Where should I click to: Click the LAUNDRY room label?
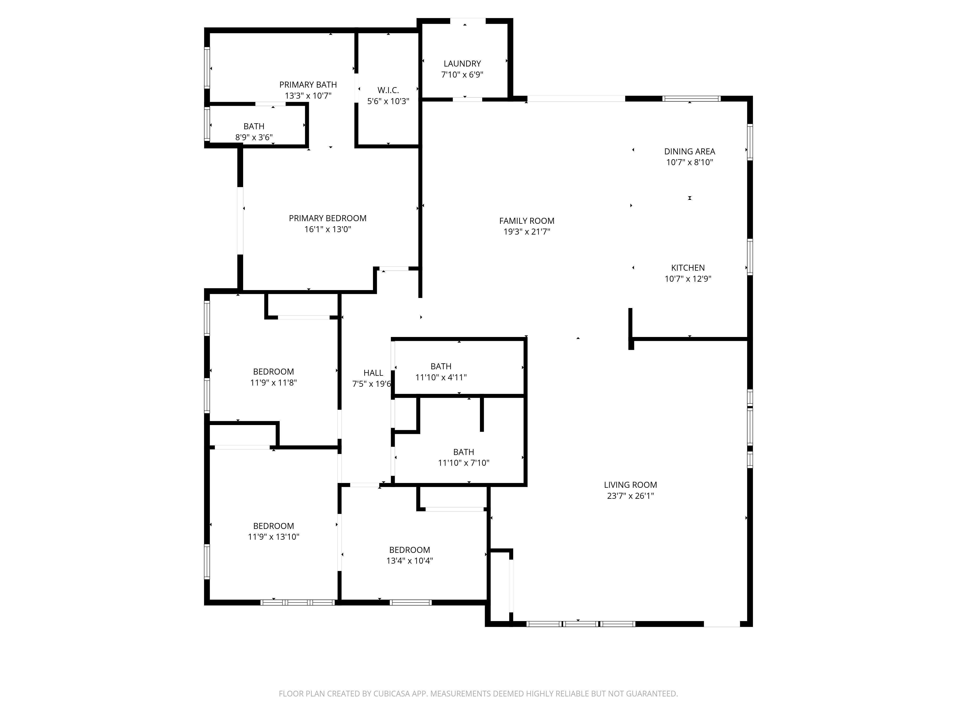pos(462,64)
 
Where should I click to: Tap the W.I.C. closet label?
pos(388,90)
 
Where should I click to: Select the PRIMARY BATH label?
pos(308,85)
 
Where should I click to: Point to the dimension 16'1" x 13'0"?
pos(328,229)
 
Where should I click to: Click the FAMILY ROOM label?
pos(527,221)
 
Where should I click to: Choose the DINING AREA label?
pos(690,151)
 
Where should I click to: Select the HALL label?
pos(373,373)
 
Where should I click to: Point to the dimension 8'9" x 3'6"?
pos(254,138)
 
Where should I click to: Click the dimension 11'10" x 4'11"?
pos(441,377)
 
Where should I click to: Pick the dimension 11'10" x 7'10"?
pos(463,463)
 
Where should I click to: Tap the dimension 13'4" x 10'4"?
pos(409,561)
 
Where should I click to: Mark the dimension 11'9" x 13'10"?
pos(273,537)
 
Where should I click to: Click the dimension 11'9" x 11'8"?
pos(273,383)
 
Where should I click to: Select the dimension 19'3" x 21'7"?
pos(527,232)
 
